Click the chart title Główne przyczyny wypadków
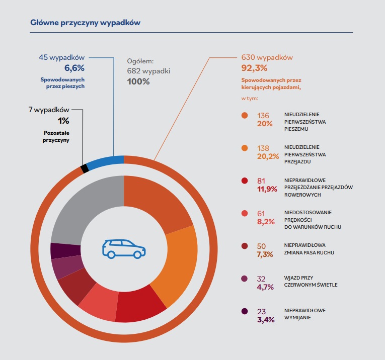(x=85, y=23)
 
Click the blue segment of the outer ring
(x=106, y=161)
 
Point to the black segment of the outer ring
(x=85, y=168)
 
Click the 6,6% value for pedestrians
(x=74, y=68)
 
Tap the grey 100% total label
(x=138, y=81)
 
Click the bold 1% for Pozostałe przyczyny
(x=63, y=121)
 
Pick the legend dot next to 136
(x=245, y=115)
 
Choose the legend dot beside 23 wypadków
(x=245, y=311)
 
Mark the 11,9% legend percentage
(x=267, y=189)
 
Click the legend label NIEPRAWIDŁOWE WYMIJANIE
(x=305, y=314)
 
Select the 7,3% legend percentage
(x=265, y=254)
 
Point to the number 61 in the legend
(x=262, y=213)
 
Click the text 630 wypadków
(x=267, y=57)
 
